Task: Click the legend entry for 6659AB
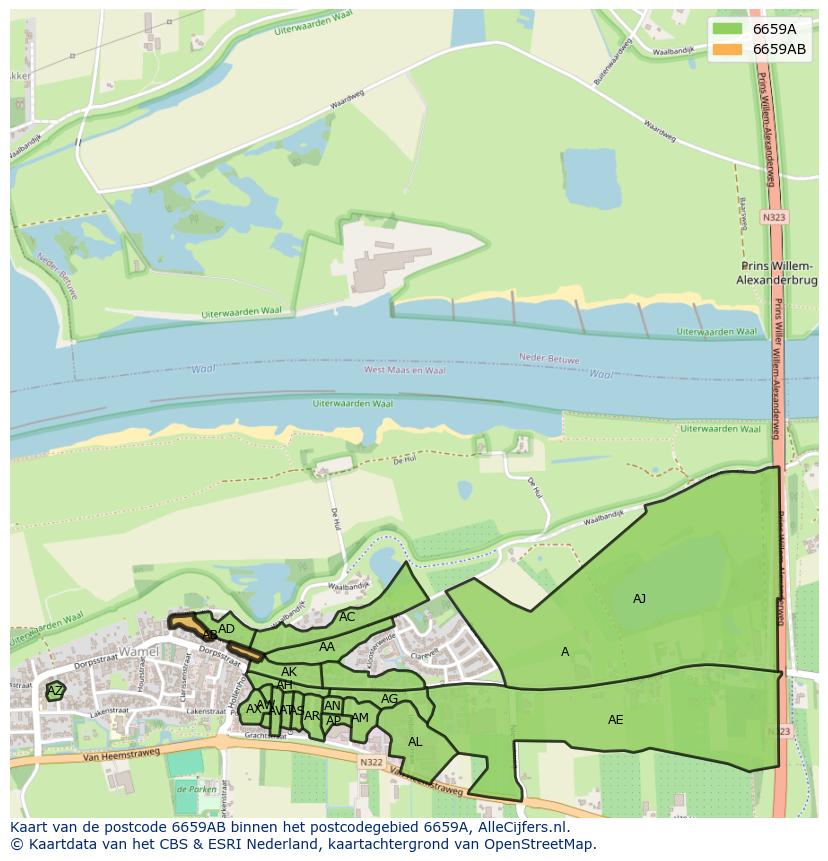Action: [x=779, y=49]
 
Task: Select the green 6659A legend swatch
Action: [x=727, y=28]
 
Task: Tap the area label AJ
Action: [x=639, y=599]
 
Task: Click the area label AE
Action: [x=615, y=720]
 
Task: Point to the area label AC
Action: [x=347, y=617]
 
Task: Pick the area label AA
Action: [x=327, y=647]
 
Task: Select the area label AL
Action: [x=415, y=742]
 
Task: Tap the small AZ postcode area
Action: [x=55, y=691]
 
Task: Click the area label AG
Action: [x=389, y=699]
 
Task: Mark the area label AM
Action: [x=360, y=718]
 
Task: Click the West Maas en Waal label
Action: [x=404, y=370]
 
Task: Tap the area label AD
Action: [x=226, y=629]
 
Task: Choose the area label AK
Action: [x=289, y=672]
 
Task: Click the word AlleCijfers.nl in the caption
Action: [x=521, y=827]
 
